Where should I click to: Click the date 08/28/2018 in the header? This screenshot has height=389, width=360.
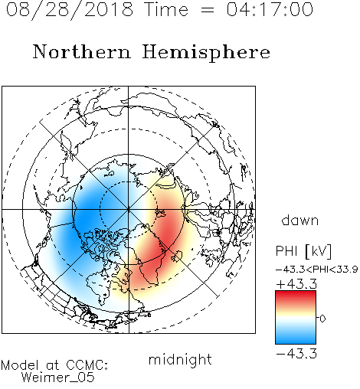tap(70, 10)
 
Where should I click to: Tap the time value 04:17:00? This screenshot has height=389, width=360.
tap(270, 9)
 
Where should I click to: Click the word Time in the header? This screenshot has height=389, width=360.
tap(166, 9)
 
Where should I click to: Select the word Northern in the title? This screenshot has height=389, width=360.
tap(82, 51)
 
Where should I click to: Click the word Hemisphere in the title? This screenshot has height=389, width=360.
tap(206, 53)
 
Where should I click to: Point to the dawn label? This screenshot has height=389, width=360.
tap(300, 220)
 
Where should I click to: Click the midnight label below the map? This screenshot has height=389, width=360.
tap(180, 359)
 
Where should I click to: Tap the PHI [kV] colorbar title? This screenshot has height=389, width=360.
tap(304, 251)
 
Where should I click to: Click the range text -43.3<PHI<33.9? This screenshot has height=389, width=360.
tap(316, 269)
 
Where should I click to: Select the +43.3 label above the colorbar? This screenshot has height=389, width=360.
tap(296, 284)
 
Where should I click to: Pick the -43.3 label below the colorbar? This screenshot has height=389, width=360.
tap(296, 354)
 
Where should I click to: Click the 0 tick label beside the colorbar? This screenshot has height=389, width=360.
tap(322, 319)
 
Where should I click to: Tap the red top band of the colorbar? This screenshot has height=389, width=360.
tap(296, 296)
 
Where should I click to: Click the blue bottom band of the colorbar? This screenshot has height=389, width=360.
tap(296, 338)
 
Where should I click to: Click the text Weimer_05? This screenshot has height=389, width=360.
tap(58, 377)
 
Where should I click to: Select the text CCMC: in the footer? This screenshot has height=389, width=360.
tap(87, 365)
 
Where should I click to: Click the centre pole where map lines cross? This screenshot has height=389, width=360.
tap(129, 209)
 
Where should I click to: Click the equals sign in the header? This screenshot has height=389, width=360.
tap(208, 10)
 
